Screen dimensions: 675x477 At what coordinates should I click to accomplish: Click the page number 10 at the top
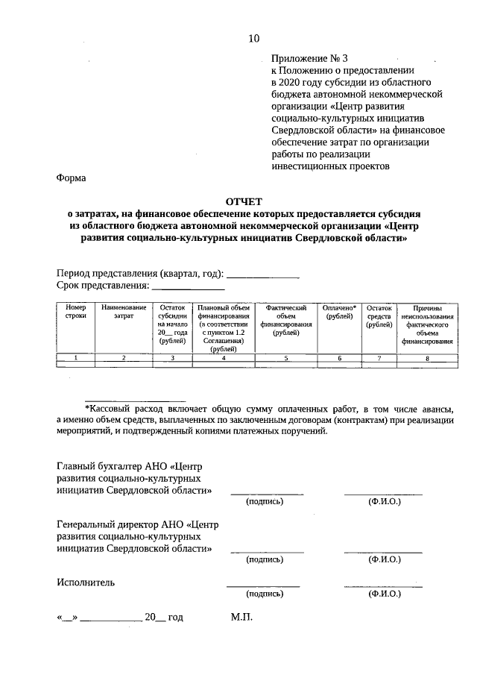click(254, 39)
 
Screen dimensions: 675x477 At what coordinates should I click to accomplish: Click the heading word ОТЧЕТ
click(244, 201)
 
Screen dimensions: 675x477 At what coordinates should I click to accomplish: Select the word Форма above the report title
click(71, 178)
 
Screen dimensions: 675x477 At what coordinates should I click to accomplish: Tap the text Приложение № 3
click(309, 57)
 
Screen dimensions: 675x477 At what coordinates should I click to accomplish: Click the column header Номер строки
click(76, 312)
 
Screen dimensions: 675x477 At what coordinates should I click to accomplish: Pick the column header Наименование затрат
click(124, 312)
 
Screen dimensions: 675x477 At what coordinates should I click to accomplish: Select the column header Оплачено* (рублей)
click(339, 312)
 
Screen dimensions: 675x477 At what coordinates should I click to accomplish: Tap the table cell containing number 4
click(224, 359)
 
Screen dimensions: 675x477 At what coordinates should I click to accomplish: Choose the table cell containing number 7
click(379, 359)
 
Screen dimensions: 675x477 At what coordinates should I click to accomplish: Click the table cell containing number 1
click(76, 359)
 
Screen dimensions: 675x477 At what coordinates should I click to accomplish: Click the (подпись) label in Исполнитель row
click(265, 594)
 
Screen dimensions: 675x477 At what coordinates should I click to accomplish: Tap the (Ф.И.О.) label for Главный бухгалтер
click(384, 502)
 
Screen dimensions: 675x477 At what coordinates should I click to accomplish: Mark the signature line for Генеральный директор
click(266, 550)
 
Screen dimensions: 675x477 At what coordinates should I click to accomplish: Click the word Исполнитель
click(85, 582)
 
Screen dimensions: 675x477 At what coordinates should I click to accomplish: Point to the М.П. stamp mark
click(242, 618)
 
